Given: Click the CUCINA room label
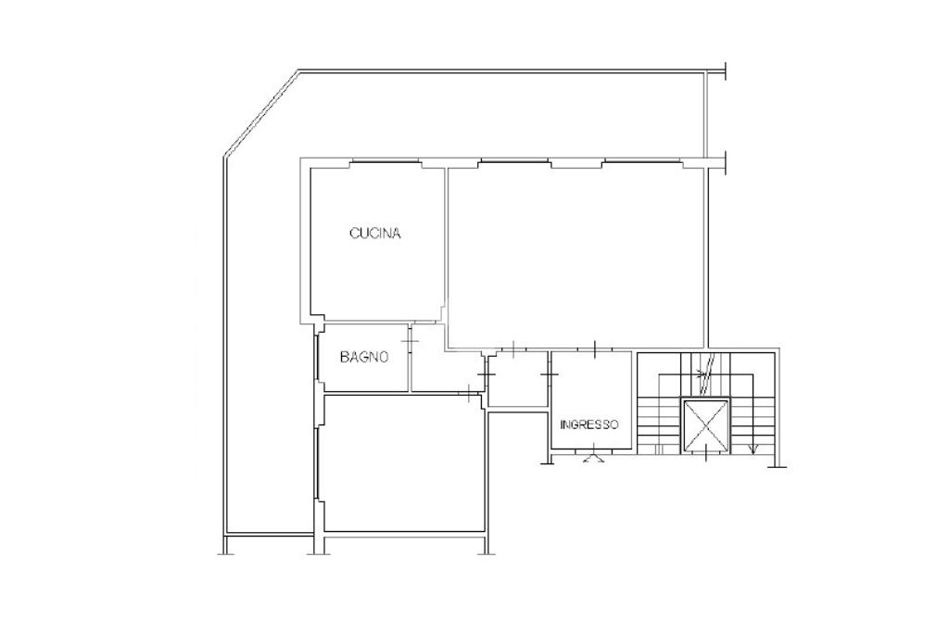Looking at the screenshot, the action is pyautogui.click(x=375, y=234).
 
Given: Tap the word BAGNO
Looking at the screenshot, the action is pyautogui.click(x=363, y=357).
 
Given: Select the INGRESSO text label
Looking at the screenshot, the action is pyautogui.click(x=589, y=424).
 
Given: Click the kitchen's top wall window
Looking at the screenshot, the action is pyautogui.click(x=386, y=161).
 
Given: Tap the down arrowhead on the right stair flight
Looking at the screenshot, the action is pyautogui.click(x=753, y=449).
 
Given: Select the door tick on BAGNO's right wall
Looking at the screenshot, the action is pyautogui.click(x=411, y=343).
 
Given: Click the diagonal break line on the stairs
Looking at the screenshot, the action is pyautogui.click(x=706, y=373).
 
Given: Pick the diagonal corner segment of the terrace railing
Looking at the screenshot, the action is pyautogui.click(x=261, y=112).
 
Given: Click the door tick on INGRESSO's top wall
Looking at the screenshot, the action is pyautogui.click(x=595, y=349).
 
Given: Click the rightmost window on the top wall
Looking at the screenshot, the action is pyautogui.click(x=643, y=161).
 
